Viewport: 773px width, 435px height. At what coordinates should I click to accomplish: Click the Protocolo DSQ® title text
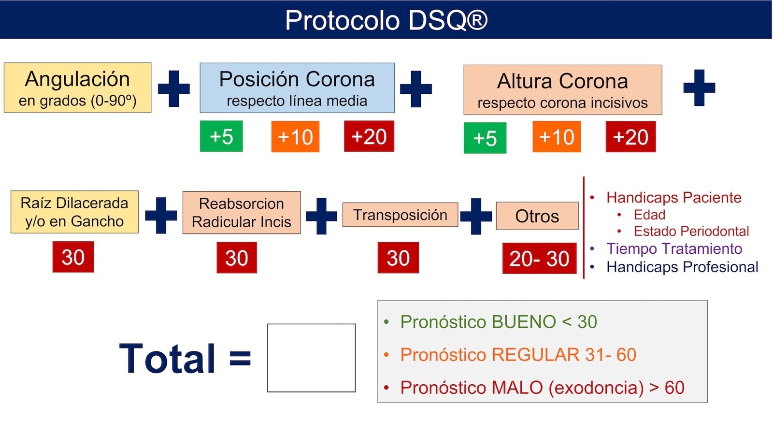386,20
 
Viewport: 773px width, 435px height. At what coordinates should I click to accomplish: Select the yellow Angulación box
78,87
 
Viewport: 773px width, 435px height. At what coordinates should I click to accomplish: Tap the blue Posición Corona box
297,87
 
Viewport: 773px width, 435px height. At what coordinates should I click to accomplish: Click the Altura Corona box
563,90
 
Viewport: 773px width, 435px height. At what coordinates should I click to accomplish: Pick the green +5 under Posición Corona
221,136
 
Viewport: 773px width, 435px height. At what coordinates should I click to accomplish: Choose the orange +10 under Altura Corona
557,137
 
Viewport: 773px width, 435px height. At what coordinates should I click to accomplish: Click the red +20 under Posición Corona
369,136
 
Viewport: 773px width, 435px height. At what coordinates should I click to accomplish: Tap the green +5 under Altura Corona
485,138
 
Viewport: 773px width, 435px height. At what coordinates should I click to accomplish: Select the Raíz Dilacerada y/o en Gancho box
74,212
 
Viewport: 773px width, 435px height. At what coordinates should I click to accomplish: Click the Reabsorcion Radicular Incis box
242,213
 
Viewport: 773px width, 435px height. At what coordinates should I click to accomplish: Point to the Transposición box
401,215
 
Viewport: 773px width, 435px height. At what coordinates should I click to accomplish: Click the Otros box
537,216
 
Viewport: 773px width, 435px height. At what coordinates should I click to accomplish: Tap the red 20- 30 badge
539,258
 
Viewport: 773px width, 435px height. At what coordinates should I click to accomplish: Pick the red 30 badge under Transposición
398,258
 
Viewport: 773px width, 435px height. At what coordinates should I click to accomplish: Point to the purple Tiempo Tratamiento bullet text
674,248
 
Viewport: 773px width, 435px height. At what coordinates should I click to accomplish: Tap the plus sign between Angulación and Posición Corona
173,88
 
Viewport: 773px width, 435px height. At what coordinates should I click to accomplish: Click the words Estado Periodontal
691,231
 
